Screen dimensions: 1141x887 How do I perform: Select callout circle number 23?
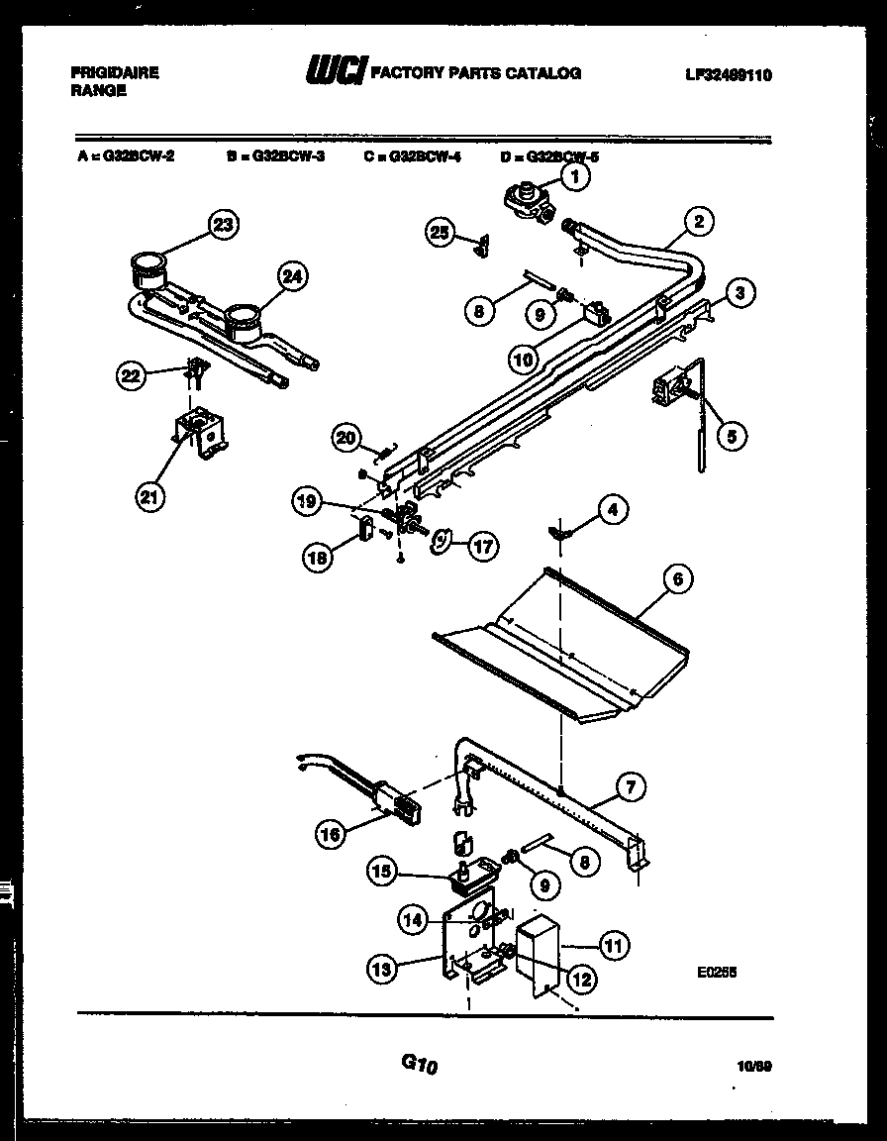(224, 225)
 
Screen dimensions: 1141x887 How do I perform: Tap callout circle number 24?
(290, 277)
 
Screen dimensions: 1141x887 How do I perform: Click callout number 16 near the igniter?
(334, 835)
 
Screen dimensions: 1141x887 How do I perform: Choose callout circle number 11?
(614, 945)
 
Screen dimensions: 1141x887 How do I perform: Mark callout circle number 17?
(482, 544)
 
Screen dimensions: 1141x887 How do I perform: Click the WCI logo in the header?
(336, 71)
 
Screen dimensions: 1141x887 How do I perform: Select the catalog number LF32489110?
(729, 73)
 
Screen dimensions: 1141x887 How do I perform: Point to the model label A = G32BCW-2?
(126, 156)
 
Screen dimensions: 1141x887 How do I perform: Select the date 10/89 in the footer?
(754, 1066)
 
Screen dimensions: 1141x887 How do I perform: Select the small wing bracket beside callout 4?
(561, 533)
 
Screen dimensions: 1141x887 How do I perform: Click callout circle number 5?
(732, 434)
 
